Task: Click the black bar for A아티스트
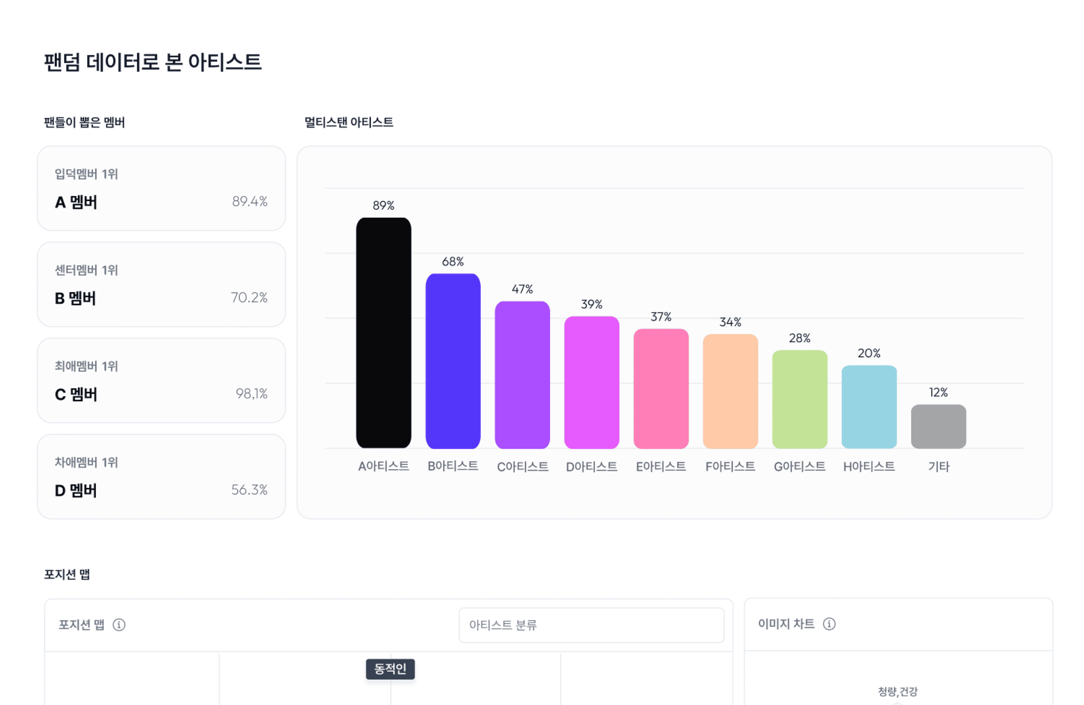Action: [383, 333]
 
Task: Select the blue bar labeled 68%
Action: [453, 361]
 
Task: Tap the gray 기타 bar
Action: [938, 427]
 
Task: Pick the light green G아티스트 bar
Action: [799, 399]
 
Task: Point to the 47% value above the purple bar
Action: [522, 289]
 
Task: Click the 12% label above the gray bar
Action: [938, 392]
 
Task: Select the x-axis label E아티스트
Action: [661, 466]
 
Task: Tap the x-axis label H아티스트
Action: [869, 466]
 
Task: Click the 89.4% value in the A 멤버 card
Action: [250, 201]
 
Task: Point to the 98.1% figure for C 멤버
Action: [251, 394]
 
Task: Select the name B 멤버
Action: [76, 299]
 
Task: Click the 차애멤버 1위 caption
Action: [86, 462]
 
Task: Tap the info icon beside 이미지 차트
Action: [829, 624]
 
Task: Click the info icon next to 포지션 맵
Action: [119, 625]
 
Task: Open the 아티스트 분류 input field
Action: [591, 625]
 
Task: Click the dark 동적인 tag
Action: [390, 669]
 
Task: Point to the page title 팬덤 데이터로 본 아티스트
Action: [153, 62]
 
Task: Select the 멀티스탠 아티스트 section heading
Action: [348, 122]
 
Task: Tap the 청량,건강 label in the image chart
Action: [897, 691]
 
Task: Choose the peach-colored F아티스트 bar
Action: [730, 391]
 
